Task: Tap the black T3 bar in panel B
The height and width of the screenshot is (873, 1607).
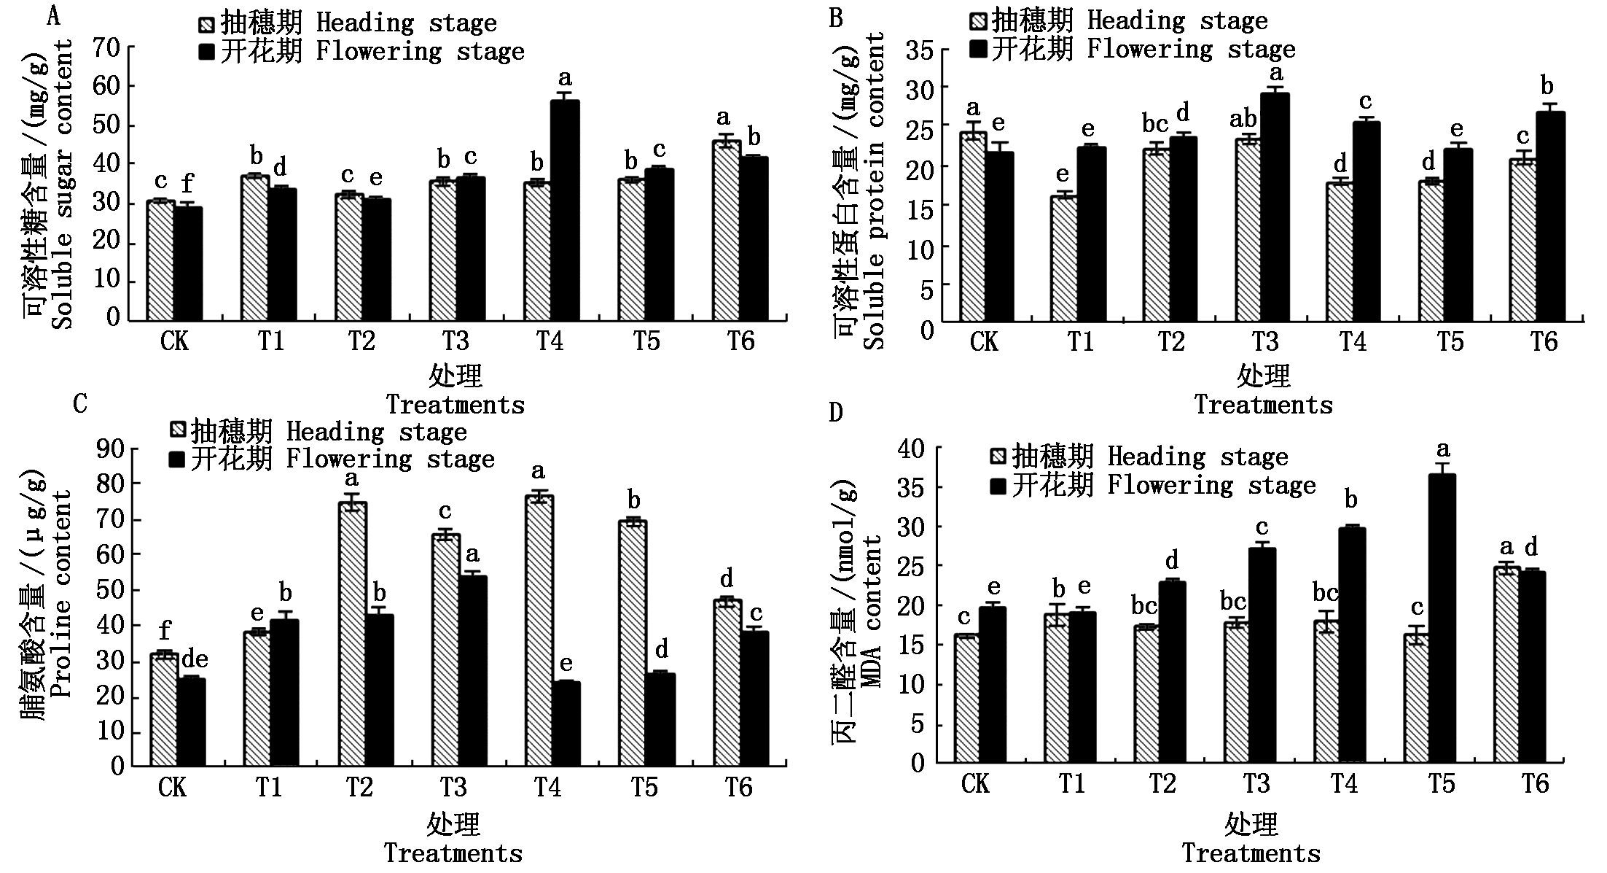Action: coord(1275,207)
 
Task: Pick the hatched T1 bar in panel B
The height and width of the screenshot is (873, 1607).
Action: coord(1063,258)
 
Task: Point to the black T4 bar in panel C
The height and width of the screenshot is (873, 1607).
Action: coord(566,723)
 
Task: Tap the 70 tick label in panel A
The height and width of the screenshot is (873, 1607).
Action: coord(108,48)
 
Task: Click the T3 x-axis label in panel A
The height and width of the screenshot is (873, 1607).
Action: coord(455,341)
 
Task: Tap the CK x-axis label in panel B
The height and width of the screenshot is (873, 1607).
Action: coord(985,342)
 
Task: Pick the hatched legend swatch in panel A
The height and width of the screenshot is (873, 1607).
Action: coord(207,25)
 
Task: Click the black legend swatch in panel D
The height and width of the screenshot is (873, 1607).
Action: coord(998,486)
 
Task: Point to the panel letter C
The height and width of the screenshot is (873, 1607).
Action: coord(80,403)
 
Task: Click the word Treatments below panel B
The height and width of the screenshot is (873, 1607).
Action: coord(1263,406)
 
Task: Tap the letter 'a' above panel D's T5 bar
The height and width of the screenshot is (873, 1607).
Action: coord(1442,449)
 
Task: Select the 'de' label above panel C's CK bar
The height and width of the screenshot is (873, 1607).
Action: coord(195,660)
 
